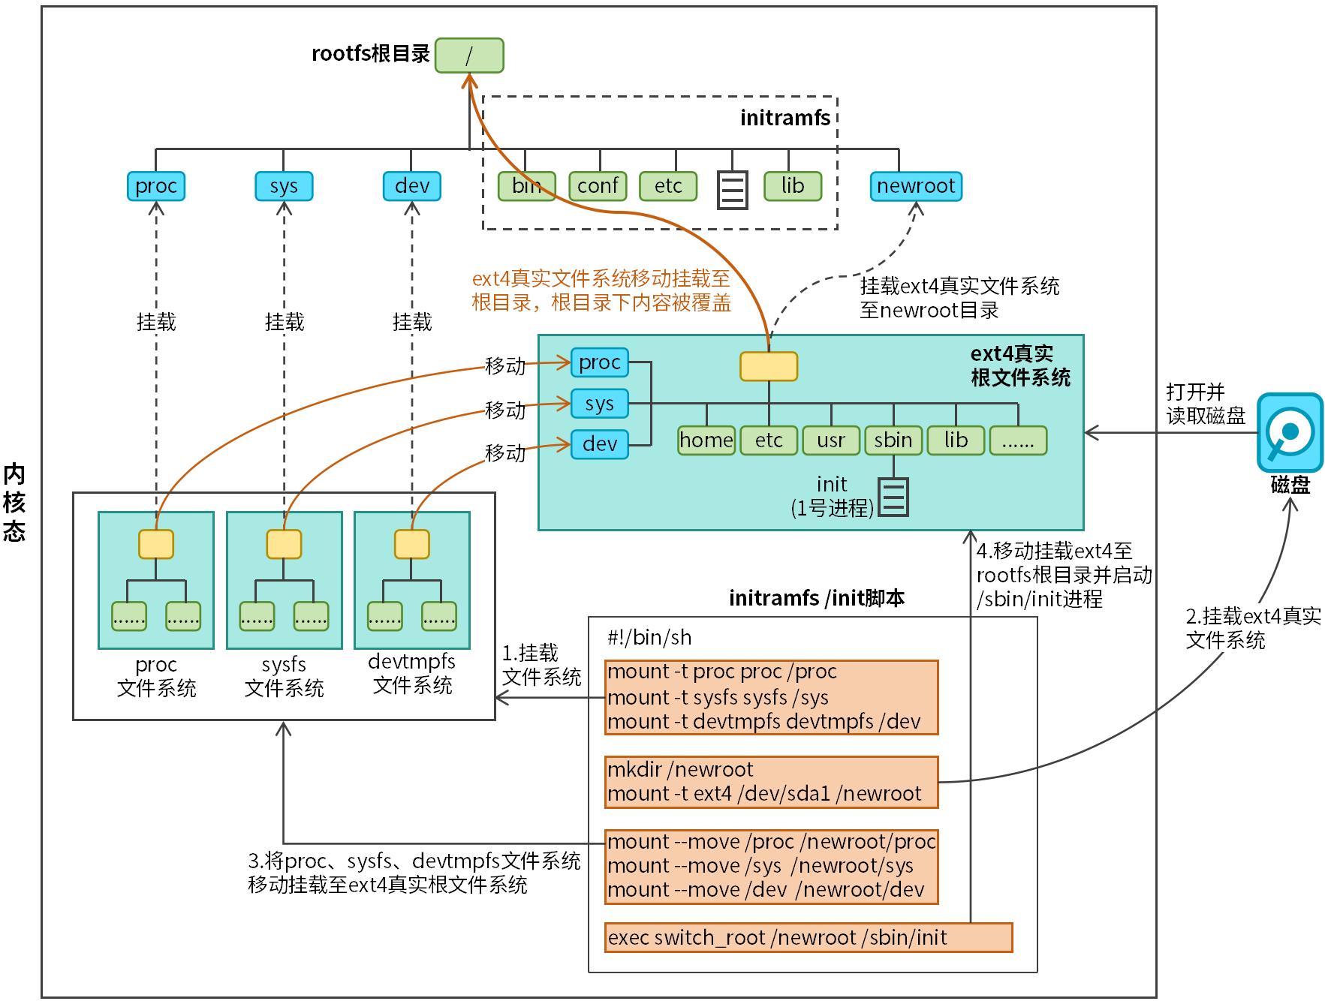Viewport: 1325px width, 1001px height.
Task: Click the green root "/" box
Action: click(469, 56)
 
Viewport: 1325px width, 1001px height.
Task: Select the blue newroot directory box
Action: click(915, 186)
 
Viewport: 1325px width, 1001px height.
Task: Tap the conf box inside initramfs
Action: click(598, 186)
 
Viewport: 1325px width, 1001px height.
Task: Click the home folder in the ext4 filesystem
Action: click(706, 440)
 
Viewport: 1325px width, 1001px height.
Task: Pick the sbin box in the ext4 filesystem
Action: click(893, 440)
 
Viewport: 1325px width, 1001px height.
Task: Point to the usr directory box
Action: click(831, 440)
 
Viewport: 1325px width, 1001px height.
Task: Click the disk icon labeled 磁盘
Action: click(1290, 433)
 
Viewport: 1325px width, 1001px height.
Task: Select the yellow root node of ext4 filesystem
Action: click(768, 366)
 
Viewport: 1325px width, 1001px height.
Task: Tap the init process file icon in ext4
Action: click(893, 497)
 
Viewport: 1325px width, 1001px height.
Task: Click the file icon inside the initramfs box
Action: click(732, 190)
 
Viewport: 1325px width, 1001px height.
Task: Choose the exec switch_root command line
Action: click(777, 938)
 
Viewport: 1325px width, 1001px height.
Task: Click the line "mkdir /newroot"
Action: click(680, 770)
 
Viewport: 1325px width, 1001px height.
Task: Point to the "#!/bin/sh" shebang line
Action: click(649, 638)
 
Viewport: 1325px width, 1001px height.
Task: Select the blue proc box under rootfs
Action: click(156, 186)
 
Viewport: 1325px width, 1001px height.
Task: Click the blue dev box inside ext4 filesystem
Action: click(599, 444)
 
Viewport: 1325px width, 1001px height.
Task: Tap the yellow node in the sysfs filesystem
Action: click(284, 544)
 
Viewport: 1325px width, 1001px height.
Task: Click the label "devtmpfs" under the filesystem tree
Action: click(411, 662)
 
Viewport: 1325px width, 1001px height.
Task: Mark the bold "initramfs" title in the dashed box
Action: click(784, 119)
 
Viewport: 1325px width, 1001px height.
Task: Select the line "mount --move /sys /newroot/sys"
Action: click(760, 866)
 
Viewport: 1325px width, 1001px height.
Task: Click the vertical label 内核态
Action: click(14, 502)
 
